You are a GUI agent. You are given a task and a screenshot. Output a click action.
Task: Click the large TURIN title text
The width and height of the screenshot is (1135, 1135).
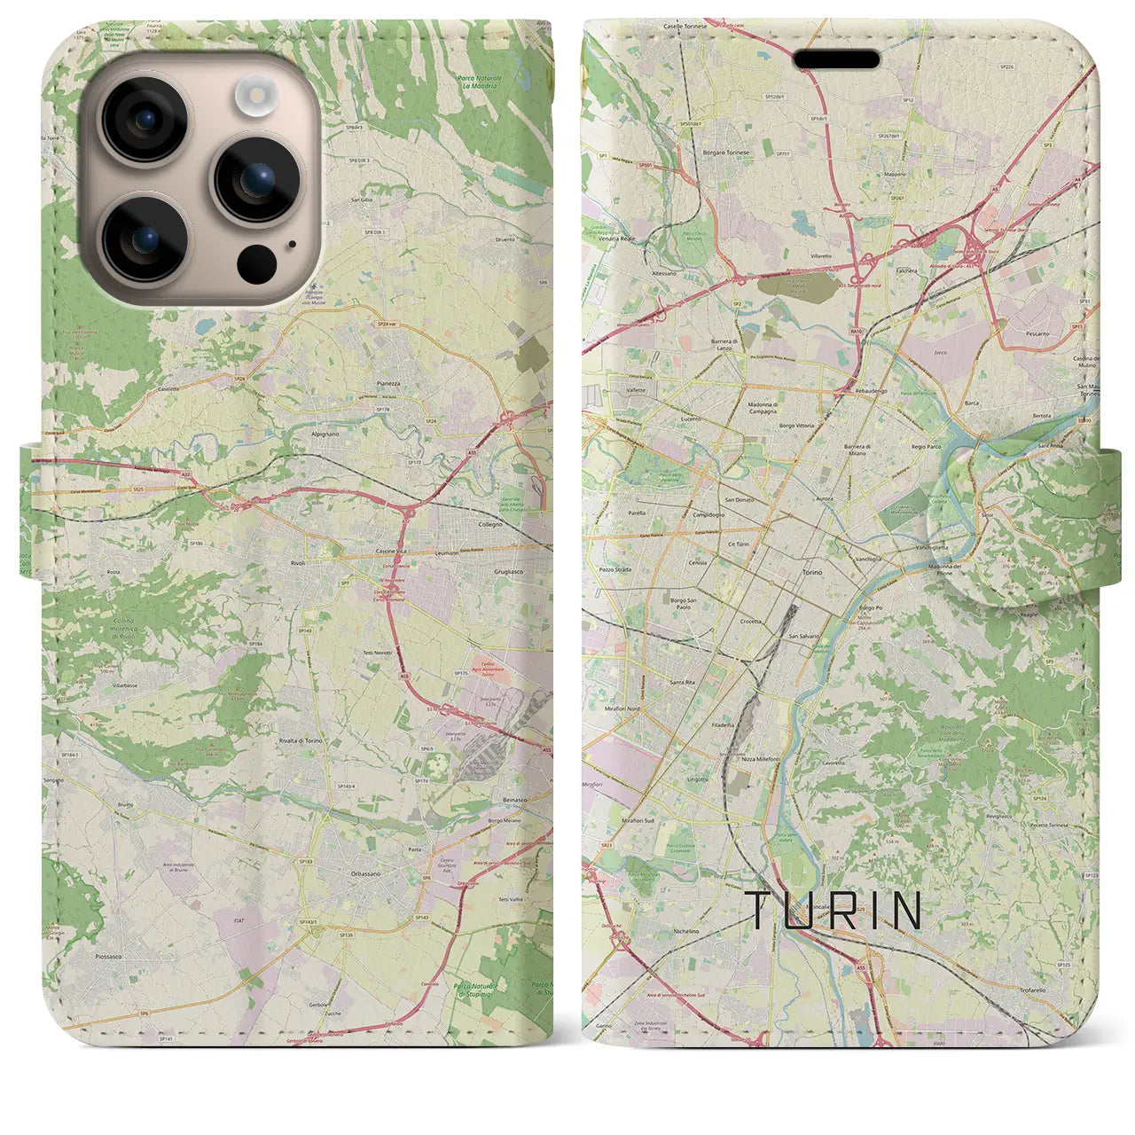click(x=834, y=911)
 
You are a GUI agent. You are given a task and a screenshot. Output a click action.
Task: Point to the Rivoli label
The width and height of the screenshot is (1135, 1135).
click(x=297, y=562)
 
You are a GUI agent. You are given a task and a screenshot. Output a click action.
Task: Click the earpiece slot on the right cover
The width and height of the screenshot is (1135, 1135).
click(x=836, y=59)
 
